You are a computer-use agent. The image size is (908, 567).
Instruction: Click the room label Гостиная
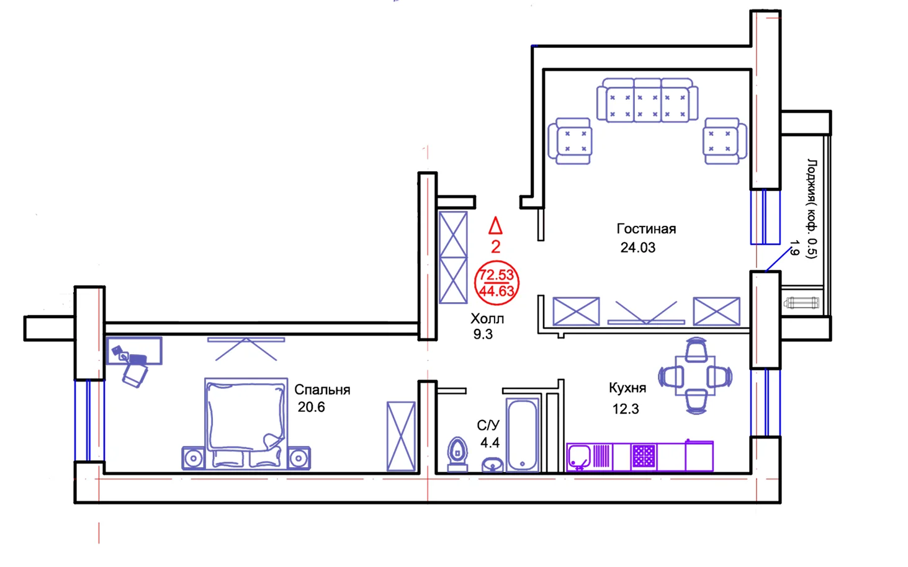(645, 229)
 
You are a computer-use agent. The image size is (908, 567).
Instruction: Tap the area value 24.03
(637, 248)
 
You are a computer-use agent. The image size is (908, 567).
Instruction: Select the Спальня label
(322, 390)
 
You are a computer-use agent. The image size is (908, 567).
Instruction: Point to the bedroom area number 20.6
(311, 407)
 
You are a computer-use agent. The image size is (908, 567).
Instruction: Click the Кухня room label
(627, 388)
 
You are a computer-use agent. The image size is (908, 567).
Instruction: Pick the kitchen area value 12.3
(625, 409)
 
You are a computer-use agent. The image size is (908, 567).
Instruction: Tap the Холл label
(487, 319)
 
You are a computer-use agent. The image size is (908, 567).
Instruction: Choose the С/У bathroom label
(488, 425)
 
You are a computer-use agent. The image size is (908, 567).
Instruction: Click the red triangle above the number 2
(495, 226)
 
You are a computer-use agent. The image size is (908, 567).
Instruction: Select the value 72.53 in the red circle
(497, 275)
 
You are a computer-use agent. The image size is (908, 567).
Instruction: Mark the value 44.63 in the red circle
(497, 291)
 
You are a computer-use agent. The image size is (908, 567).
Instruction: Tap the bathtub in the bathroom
(522, 434)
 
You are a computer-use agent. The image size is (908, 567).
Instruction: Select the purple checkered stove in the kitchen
(644, 457)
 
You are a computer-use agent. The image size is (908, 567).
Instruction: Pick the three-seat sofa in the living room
(647, 100)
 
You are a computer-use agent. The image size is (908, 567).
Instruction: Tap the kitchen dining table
(696, 376)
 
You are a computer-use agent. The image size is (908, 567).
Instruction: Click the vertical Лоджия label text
(812, 208)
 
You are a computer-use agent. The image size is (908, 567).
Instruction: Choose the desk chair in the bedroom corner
(135, 375)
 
